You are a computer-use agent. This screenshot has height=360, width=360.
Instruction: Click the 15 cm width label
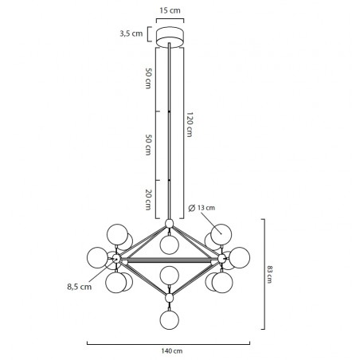pyautogui.click(x=170, y=10)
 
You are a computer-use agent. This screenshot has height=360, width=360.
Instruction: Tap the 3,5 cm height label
pyautogui.click(x=131, y=33)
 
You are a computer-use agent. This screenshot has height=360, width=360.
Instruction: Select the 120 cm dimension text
pyautogui.click(x=190, y=124)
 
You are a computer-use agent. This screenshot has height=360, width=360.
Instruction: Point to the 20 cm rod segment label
pyautogui.click(x=148, y=200)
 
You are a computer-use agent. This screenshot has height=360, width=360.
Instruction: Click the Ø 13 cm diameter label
pyautogui.click(x=202, y=208)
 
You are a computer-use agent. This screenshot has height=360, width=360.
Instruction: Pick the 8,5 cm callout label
pyautogui.click(x=80, y=287)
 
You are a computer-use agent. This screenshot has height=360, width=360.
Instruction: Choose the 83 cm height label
pyautogui.click(x=269, y=274)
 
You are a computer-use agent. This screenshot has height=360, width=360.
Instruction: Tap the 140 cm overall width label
pyautogui.click(x=172, y=351)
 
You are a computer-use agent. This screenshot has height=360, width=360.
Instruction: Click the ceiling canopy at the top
pyautogui.click(x=170, y=37)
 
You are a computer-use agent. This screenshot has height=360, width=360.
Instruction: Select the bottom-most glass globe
pyautogui.click(x=170, y=319)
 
